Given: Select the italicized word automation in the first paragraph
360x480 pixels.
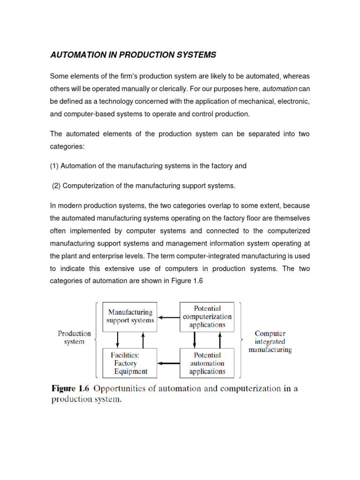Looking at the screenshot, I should click(279, 89).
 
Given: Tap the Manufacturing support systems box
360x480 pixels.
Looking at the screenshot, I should click(130, 316).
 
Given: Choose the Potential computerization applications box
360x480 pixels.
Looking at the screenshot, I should click(207, 316).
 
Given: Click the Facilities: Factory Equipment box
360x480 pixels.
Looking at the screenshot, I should click(130, 363).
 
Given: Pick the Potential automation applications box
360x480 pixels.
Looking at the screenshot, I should click(207, 363).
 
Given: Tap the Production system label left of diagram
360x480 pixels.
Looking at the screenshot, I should click(74, 337).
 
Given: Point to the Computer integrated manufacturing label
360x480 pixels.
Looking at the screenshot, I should click(270, 342).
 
